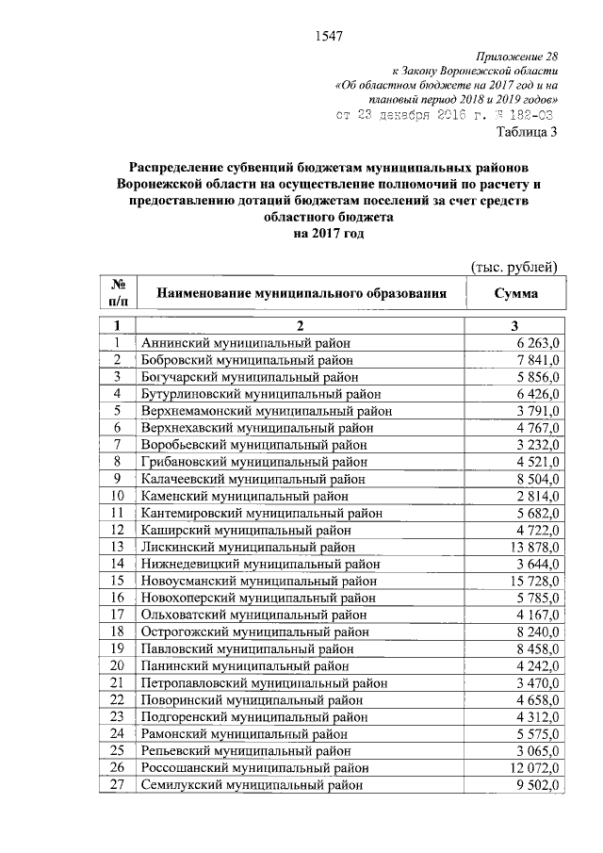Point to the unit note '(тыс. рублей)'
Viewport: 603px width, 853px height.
(514, 268)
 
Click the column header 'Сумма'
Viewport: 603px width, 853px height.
(515, 294)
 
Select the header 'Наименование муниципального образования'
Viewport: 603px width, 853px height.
(301, 294)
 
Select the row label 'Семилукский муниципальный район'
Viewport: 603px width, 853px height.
(250, 784)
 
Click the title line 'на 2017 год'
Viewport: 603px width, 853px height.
(327, 234)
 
